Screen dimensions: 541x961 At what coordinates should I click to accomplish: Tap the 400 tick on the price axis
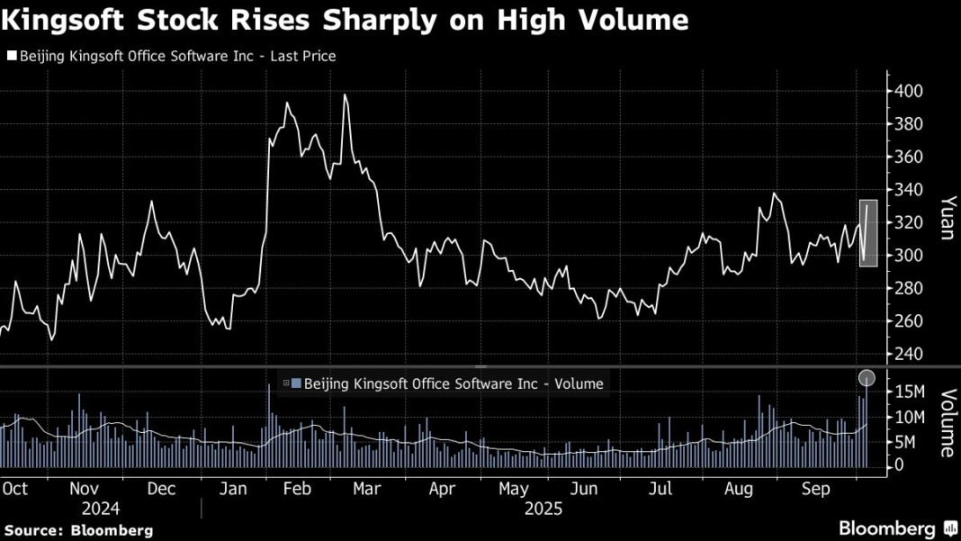click(906, 91)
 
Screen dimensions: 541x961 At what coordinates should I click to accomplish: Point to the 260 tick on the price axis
click(906, 321)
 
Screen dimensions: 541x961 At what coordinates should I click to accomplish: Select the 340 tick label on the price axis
click(906, 190)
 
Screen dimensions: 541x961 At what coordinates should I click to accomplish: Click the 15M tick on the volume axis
click(909, 392)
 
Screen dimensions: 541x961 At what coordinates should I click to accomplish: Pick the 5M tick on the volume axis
click(905, 442)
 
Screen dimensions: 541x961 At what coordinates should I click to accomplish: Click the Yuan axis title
click(947, 218)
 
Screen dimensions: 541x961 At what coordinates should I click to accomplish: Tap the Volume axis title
click(947, 423)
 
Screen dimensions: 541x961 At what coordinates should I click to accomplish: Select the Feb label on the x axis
click(297, 489)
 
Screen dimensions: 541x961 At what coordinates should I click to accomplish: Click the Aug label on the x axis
click(739, 489)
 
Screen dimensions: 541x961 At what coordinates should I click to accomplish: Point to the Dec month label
click(161, 489)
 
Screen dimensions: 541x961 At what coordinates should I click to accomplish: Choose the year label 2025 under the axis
click(543, 509)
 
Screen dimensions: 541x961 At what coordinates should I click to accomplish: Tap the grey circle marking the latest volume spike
click(867, 378)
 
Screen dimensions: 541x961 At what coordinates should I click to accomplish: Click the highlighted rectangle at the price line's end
click(868, 233)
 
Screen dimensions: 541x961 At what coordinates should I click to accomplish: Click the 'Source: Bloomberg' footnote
click(78, 531)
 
